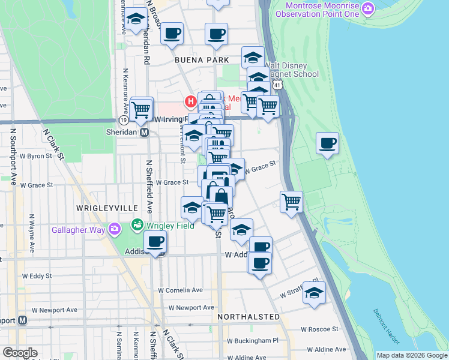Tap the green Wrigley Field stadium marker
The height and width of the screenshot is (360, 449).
(x=137, y=226)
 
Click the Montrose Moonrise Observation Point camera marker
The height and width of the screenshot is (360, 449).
(x=368, y=8)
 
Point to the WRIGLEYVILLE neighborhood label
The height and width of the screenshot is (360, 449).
(x=103, y=207)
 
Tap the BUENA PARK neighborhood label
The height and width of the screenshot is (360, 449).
(x=202, y=60)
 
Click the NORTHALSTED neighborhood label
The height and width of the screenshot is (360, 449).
(x=249, y=316)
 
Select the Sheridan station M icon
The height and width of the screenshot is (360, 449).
(x=144, y=133)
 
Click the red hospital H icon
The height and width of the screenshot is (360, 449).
(x=191, y=101)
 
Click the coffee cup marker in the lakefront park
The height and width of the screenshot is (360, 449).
(x=328, y=143)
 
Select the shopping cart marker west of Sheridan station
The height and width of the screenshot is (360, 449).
(x=140, y=109)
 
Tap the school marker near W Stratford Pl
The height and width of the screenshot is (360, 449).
(x=314, y=293)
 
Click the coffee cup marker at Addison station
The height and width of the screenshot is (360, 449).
(x=155, y=242)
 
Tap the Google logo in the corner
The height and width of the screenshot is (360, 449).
(x=20, y=352)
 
